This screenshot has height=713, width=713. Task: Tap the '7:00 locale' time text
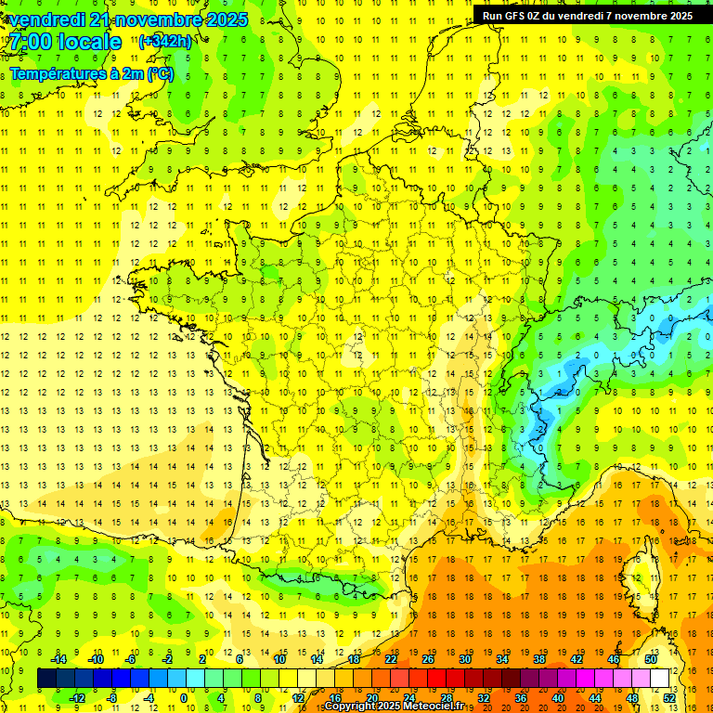pos(65,42)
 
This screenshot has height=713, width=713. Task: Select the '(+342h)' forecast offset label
pos(165,42)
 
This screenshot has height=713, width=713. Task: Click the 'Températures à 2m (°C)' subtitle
pos(91,73)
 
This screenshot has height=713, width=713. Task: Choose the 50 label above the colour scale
pos(650,658)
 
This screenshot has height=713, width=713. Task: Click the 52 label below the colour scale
pos(669,698)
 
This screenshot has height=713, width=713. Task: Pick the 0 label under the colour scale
pos(184,698)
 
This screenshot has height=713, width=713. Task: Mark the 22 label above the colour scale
pos(391,658)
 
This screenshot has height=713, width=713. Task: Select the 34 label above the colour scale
pos(502,658)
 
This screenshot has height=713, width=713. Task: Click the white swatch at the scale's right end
pos(660,679)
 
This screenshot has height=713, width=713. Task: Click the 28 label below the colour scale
pos(447,698)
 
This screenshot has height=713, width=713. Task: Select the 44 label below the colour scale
pos(595,698)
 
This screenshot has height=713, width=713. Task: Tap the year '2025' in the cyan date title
pos(227,19)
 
